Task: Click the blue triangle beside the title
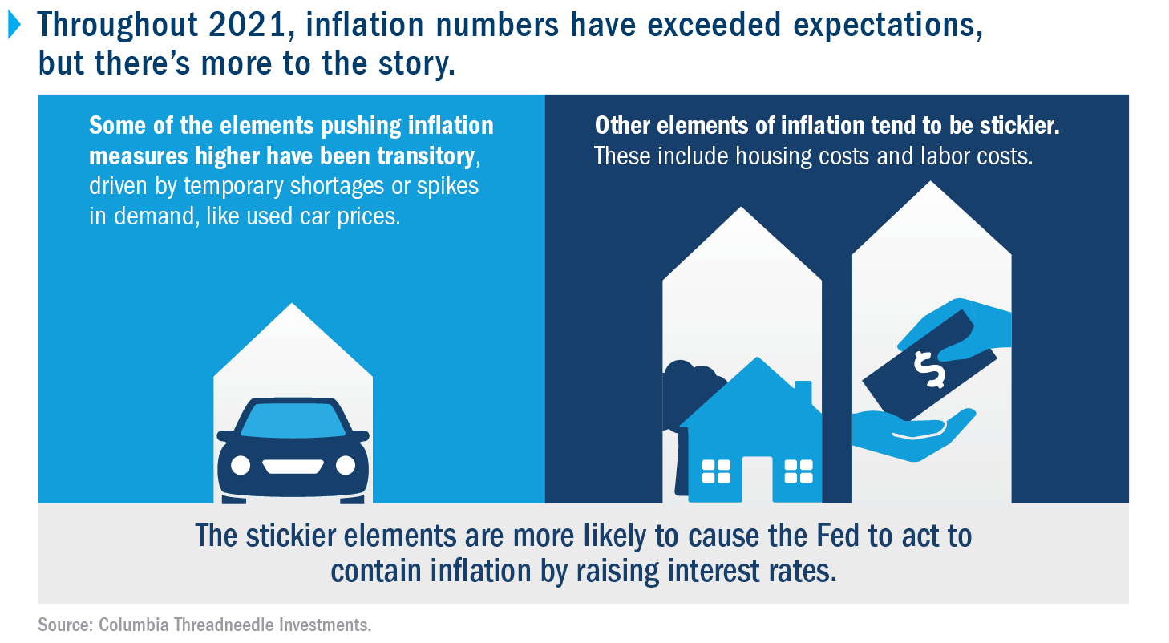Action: pos(14,25)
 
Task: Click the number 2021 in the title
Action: pos(248,25)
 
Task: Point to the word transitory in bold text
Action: pos(426,156)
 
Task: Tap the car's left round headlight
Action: pos(241,465)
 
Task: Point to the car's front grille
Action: pos(292,466)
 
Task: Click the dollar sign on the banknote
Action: pos(929,370)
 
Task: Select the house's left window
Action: pos(716,471)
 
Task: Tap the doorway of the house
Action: pos(757,479)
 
